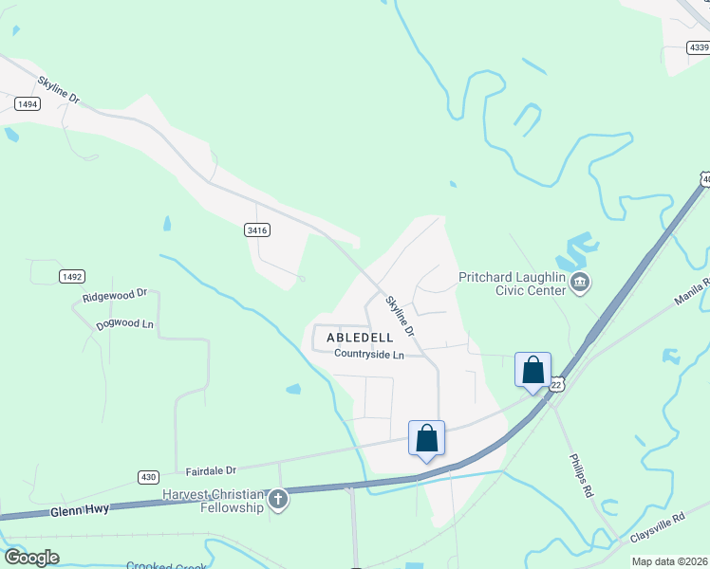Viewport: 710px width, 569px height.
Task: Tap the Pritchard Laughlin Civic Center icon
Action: [x=581, y=283]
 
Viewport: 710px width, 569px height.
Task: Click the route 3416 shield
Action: [x=257, y=229]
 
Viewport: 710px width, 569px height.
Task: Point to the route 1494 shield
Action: [x=28, y=104]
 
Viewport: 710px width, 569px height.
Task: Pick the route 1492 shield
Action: [x=72, y=277]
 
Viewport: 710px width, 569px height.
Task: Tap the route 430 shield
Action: [x=147, y=476]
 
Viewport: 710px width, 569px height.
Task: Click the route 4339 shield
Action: [x=700, y=46]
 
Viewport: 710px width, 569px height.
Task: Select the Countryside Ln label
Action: [x=369, y=355]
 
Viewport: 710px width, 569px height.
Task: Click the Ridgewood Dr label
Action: [x=115, y=296]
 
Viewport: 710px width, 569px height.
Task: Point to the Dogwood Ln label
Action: [x=124, y=324]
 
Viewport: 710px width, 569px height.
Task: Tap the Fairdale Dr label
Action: [x=210, y=469]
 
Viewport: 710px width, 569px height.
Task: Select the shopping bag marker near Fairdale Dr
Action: [x=426, y=438]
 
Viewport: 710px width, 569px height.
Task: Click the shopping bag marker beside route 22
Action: [x=532, y=370]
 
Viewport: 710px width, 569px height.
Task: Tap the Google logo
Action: [x=32, y=558]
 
